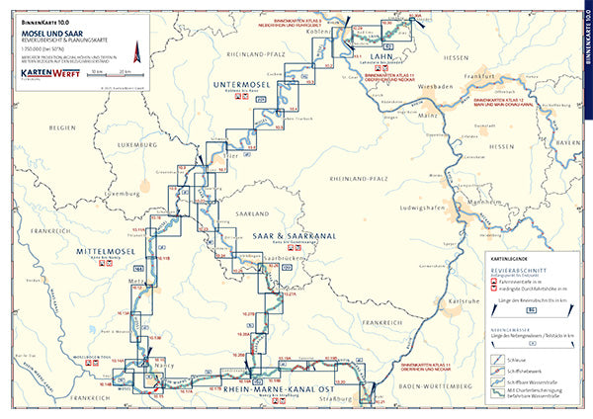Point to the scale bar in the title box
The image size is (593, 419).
click(112, 77)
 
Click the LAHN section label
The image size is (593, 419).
click(382, 58)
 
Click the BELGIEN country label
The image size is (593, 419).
click(63, 128)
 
